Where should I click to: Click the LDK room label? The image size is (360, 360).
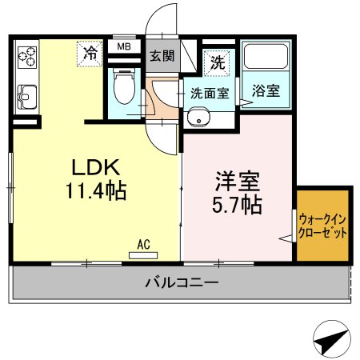tap(96, 168)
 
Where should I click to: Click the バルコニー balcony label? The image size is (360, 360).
tap(181, 282)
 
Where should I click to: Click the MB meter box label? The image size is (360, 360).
tap(124, 46)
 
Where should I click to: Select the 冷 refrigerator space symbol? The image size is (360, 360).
tap(90, 54)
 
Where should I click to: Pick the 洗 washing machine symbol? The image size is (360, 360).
tap(217, 61)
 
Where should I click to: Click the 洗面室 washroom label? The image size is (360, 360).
tap(210, 92)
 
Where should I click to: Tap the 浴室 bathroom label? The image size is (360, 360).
tap(266, 90)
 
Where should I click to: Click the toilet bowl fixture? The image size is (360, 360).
tap(124, 89)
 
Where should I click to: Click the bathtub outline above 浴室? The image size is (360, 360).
tap(265, 58)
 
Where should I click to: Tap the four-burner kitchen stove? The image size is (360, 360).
tap(28, 57)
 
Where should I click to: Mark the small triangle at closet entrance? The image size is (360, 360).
tap(284, 237)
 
